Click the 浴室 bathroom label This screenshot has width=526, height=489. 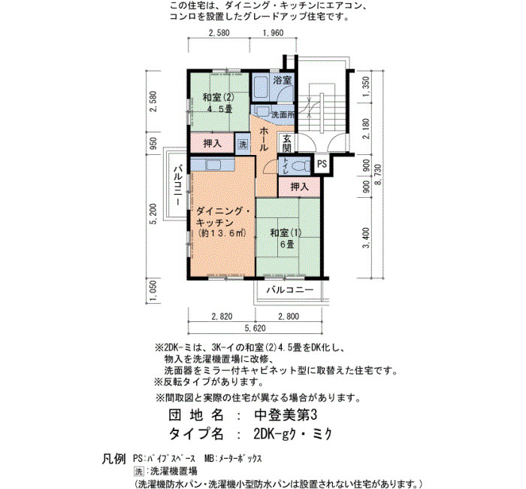coord(282,80)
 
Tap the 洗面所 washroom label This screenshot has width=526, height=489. coord(283,114)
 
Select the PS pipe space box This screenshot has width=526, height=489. coord(322,164)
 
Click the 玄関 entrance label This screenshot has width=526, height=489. coord(286,143)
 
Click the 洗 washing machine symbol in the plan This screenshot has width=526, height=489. coord(243,144)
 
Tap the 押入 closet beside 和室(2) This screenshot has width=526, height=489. coord(212,144)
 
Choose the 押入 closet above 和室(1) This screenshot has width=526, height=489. coord(299,187)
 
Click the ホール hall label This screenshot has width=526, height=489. coord(263,138)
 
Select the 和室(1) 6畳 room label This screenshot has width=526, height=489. coord(286,238)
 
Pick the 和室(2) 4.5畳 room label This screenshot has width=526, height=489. coord(218,103)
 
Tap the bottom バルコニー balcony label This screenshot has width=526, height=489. coord(290,290)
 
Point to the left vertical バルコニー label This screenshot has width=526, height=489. coord(178,184)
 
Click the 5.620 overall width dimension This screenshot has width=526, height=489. coord(255,328)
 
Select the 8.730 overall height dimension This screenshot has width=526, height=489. coord(379,175)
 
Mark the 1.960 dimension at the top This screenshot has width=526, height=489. coord(273,33)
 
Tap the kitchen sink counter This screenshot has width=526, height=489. coord(212,165)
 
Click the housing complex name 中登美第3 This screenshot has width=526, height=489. coord(286,415)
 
